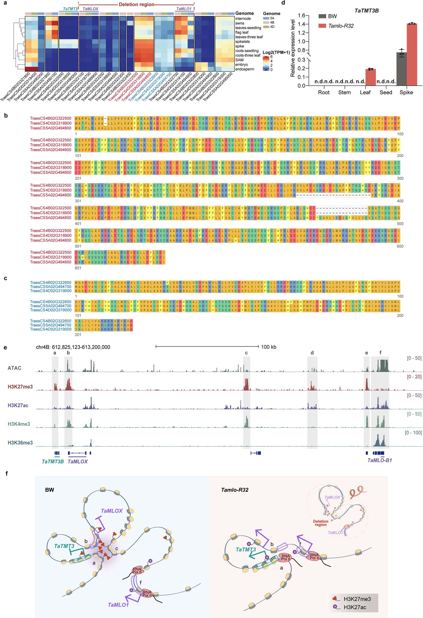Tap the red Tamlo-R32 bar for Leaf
[370, 77]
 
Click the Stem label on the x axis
[344, 92]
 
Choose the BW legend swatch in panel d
[322, 16]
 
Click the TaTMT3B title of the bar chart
[366, 11]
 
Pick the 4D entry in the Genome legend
[272, 27]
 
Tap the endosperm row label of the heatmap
[244, 69]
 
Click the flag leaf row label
[242, 32]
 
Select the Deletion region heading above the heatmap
[136, 4]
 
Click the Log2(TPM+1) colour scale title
[276, 53]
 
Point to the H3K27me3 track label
[20, 387]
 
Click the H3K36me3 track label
[20, 443]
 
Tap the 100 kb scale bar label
[269, 347]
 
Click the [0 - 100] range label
[413, 433]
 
